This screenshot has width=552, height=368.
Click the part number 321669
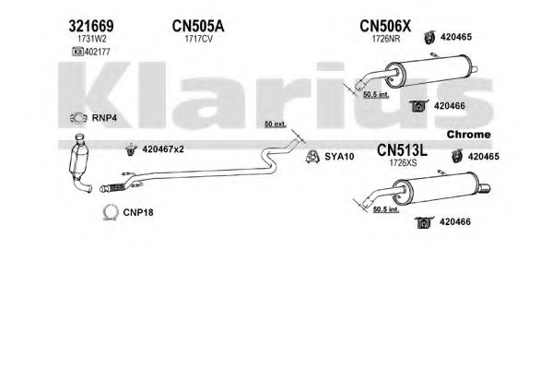91,26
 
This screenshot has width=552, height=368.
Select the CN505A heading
198,26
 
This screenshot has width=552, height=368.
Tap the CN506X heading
385,26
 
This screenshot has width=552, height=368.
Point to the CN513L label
402,150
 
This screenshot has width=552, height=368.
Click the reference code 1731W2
92,39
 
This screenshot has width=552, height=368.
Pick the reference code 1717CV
198,39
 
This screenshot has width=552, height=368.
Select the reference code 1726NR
386,39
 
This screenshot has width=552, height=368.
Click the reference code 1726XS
403,163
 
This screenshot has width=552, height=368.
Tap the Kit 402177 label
91,52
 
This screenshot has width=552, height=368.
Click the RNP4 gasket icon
78,118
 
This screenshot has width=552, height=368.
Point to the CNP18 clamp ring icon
111,212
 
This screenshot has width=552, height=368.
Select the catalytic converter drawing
80,163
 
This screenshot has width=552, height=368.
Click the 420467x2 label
163,149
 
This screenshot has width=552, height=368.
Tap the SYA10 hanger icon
312,157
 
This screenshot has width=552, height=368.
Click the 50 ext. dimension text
276,125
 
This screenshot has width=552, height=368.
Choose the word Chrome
468,135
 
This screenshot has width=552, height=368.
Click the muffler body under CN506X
430,71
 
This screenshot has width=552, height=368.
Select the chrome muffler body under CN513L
440,188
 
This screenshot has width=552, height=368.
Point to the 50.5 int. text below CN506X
376,94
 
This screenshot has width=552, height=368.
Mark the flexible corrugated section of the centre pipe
114,187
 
